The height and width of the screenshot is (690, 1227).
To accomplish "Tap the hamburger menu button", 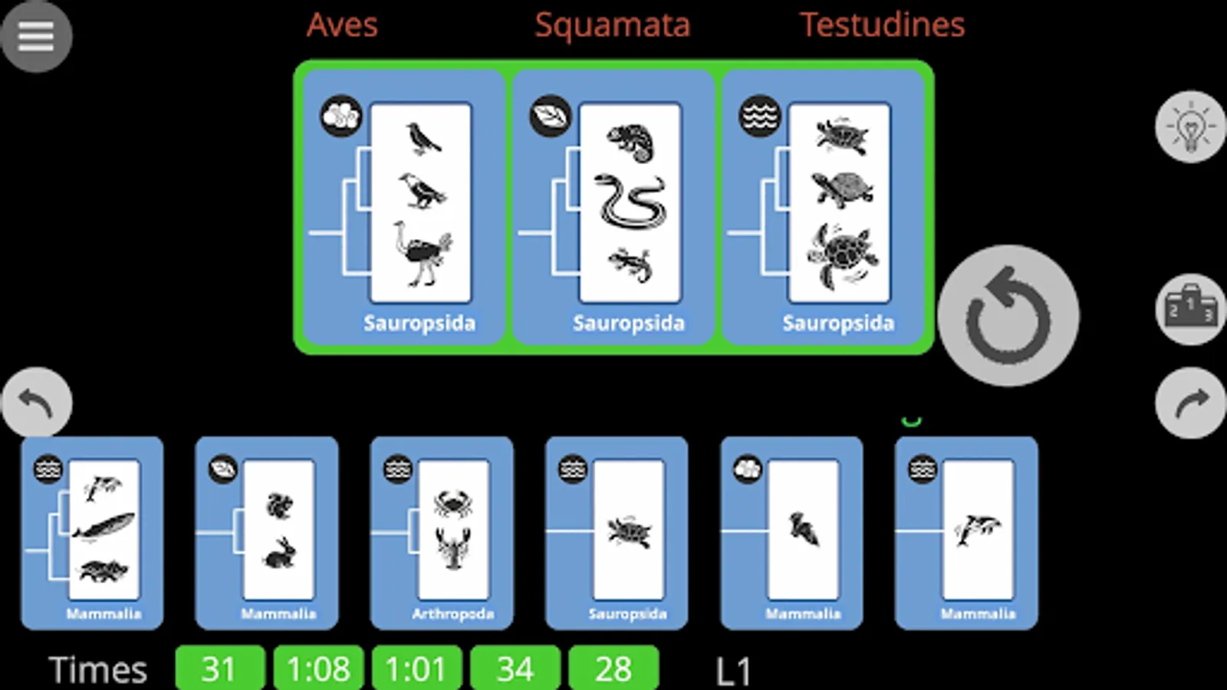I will point(36,35).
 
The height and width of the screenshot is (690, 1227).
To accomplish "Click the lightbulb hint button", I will point(1190,127).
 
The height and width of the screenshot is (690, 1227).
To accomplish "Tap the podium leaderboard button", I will point(1190,308).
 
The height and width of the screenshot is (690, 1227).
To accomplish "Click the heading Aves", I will point(342,25).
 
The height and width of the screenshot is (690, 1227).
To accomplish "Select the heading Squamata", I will point(612,25).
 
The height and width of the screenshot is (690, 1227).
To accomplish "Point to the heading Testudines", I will point(882,25).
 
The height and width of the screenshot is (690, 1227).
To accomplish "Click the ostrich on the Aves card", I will point(421,254).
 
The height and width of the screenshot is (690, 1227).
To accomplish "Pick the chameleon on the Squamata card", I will point(630,143).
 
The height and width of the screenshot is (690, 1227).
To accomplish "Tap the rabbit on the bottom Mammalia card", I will point(278,553).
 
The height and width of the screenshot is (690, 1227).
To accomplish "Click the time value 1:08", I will point(318,669).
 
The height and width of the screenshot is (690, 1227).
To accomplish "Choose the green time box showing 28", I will point(613,669).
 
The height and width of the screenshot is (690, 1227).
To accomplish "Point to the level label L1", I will point(733,672).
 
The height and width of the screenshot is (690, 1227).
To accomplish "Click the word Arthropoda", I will point(452,614).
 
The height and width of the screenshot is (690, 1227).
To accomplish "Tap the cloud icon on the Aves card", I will point(340,116).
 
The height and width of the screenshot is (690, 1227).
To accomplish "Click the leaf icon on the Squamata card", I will point(550,116).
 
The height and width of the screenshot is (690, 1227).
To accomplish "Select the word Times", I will point(98,670).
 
